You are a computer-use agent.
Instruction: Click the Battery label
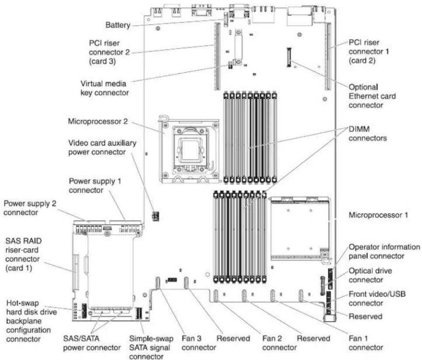pos(118,25)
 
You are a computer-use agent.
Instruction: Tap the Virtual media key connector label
pos(105,88)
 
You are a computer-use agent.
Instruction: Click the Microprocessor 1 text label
pos(378,215)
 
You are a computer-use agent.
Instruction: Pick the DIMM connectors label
pos(367,134)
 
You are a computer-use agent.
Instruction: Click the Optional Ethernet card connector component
pos(289,57)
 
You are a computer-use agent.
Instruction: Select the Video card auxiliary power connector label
pos(102,147)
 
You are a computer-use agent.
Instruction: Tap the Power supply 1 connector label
pos(95,186)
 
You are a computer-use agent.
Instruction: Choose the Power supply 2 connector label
pos(30,208)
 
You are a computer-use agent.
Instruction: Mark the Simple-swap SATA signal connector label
pos(151,347)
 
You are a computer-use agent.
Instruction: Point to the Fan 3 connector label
pos(199,343)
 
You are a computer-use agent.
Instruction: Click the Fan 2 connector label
pos(279,343)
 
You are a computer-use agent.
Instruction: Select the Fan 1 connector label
pos(366,343)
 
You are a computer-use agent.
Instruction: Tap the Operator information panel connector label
pos(384,251)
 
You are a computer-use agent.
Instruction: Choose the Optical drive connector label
pos(370,275)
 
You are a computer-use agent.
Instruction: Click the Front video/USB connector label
pos(377,298)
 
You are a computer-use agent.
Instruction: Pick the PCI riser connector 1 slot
pos(328,56)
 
